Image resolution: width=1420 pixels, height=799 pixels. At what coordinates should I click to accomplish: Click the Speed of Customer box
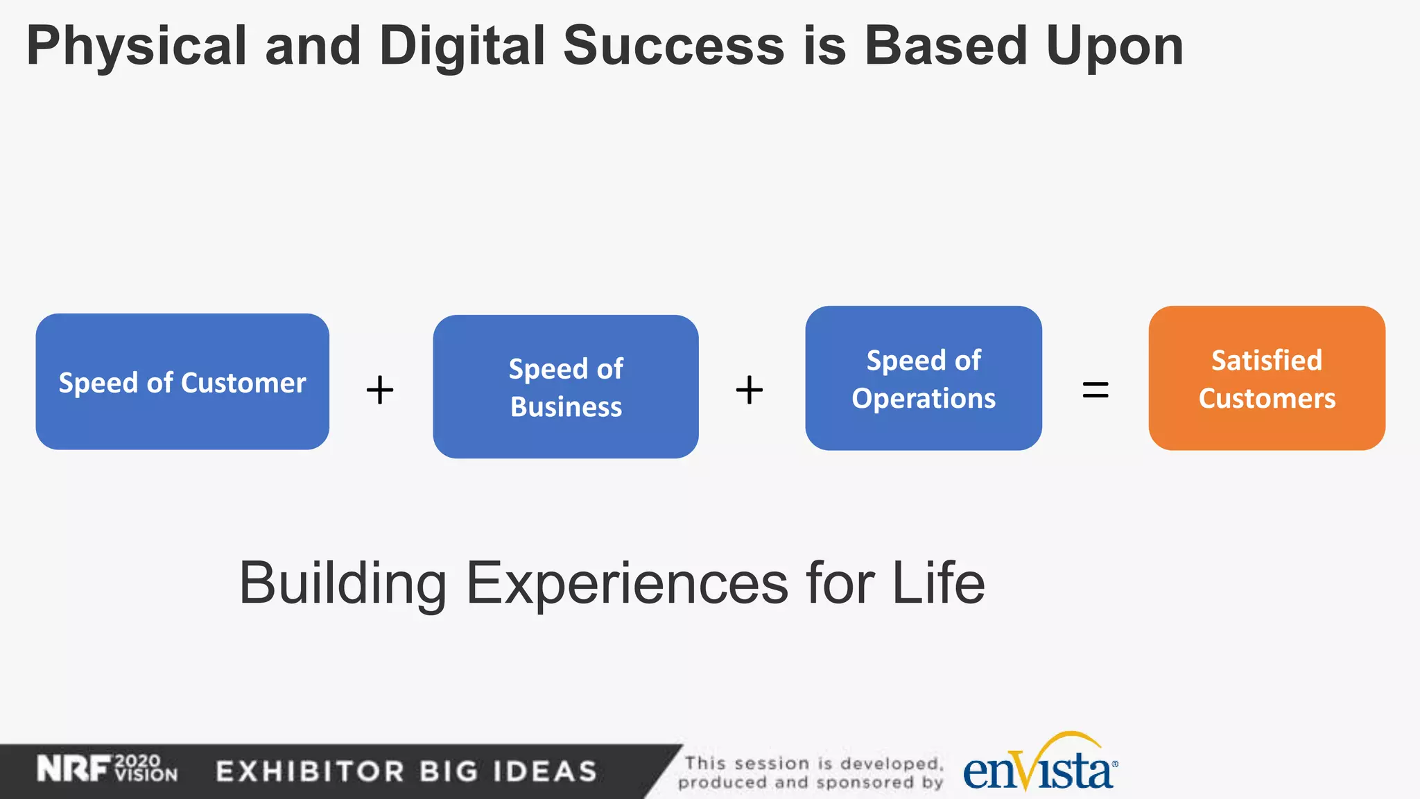[x=182, y=381]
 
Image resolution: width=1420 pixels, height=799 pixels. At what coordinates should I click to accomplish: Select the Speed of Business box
[x=566, y=386]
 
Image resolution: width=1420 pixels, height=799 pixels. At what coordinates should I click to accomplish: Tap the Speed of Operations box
[x=924, y=378]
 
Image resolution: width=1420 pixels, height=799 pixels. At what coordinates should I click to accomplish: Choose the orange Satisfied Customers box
[x=1267, y=378]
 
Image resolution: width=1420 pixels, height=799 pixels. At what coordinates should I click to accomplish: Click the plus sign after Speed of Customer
[x=380, y=390]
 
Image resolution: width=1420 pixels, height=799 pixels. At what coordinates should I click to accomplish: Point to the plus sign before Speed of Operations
[x=750, y=390]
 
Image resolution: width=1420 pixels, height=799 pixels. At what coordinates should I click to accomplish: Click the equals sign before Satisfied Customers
[x=1096, y=390]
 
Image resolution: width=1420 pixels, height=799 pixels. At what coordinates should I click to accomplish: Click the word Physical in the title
[x=137, y=47]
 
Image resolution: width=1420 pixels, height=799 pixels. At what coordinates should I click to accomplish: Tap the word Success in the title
[x=673, y=47]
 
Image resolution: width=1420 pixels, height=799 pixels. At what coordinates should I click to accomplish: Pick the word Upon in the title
[x=1114, y=47]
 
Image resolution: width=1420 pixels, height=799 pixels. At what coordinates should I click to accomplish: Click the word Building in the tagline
[x=343, y=584]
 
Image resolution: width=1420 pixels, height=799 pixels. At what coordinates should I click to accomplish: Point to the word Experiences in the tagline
[x=627, y=584]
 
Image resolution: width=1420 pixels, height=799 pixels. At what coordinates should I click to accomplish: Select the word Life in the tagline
[x=938, y=584]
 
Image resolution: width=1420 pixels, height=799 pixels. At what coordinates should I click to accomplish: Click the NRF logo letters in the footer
[x=73, y=769]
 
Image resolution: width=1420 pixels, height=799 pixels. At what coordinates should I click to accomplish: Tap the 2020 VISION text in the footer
[x=146, y=768]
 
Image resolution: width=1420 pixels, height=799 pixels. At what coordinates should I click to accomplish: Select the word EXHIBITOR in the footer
[x=310, y=771]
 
